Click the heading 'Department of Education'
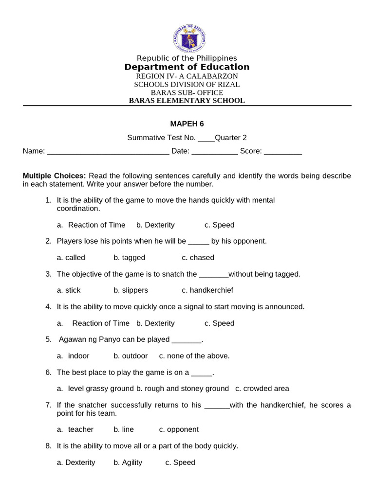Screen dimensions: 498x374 [x=187, y=67]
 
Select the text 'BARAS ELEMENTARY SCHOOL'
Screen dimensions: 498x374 [x=187, y=101]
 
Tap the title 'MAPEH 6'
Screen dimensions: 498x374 [x=187, y=124]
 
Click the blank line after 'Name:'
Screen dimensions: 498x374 [x=108, y=152]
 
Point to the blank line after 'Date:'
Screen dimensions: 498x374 [x=215, y=152]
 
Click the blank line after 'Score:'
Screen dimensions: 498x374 [x=283, y=152]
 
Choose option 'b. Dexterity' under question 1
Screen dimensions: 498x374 [x=155, y=225]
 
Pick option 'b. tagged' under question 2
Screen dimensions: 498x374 [x=129, y=257]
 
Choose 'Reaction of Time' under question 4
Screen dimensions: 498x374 [x=101, y=323]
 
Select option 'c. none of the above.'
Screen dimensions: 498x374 [x=194, y=356]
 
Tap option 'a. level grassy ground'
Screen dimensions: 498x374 [x=95, y=389]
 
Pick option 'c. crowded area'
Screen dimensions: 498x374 [x=262, y=389]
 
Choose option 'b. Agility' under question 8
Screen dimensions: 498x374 [x=128, y=462]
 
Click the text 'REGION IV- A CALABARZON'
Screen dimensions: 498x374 [x=187, y=76]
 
